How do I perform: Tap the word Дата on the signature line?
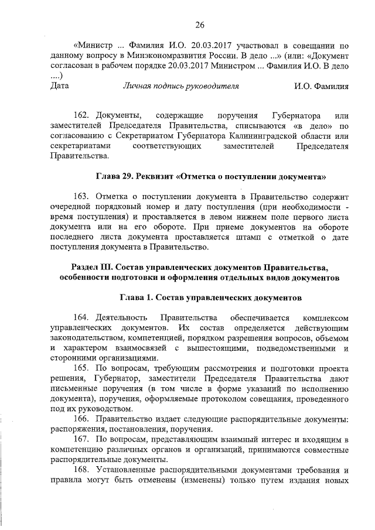pos(60,86)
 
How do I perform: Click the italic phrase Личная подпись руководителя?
pos(180,86)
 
